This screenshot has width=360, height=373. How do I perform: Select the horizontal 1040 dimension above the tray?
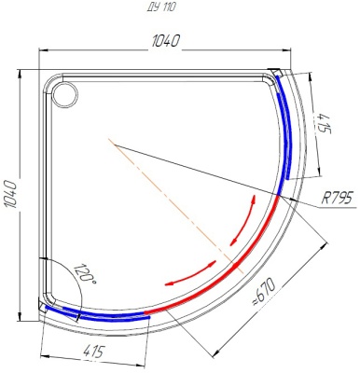(164, 41)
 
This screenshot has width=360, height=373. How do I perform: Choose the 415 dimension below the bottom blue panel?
(92, 352)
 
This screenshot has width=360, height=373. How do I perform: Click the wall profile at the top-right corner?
(277, 72)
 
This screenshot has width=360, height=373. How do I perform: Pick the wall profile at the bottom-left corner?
(43, 301)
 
